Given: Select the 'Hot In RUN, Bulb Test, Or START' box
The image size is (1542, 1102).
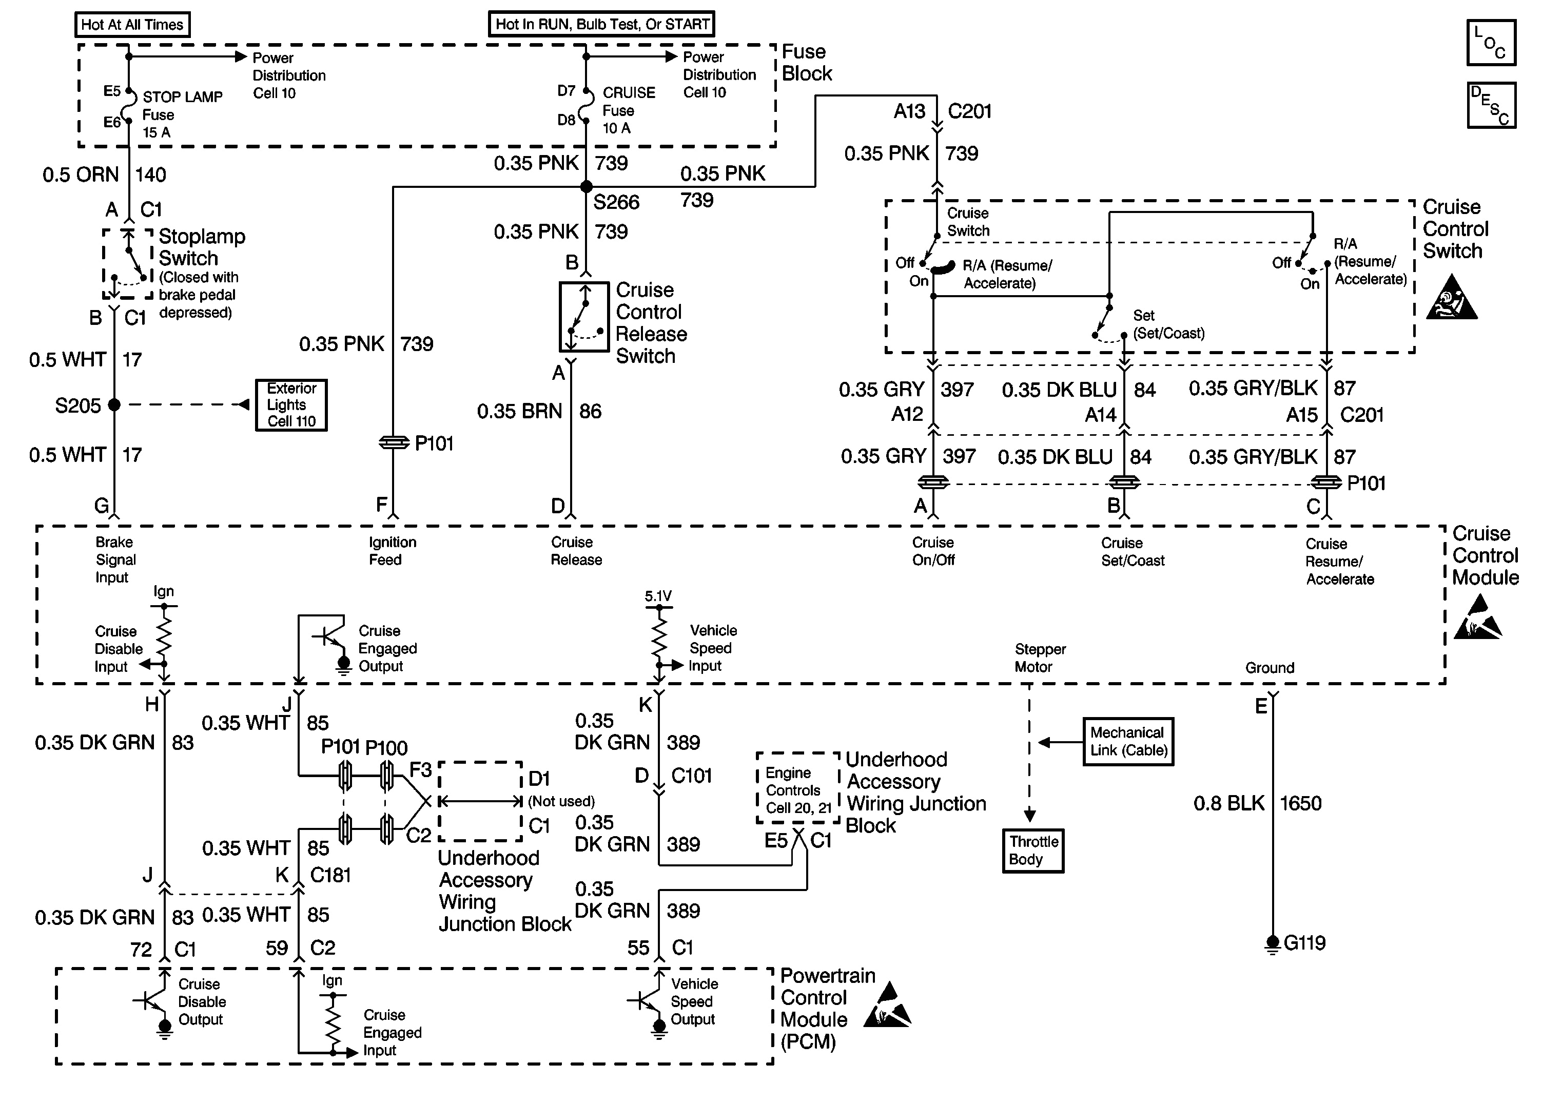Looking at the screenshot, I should click(x=601, y=24).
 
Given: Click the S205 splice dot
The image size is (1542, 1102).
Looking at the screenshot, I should click(x=114, y=404).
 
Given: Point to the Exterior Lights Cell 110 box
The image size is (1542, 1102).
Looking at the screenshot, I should click(x=291, y=404).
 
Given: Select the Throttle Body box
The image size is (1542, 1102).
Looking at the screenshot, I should click(x=1032, y=850).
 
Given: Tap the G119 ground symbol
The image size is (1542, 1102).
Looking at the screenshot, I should click(x=1272, y=944).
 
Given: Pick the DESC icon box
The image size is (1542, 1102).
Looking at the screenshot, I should click(x=1491, y=105).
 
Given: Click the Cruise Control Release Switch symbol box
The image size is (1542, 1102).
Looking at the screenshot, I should click(x=584, y=317).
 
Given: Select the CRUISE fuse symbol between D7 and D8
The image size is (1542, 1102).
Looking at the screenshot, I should click(x=586, y=105).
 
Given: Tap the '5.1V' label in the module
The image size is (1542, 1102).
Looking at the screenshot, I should click(x=657, y=596).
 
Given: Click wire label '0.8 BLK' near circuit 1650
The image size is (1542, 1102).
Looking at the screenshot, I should click(x=1228, y=803).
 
